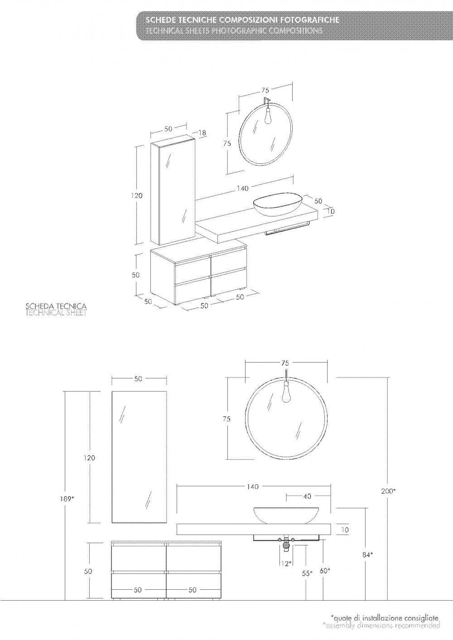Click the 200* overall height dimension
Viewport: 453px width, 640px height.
coord(388,491)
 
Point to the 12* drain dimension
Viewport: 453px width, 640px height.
coord(286,564)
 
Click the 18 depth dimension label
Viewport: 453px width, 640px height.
coord(202,133)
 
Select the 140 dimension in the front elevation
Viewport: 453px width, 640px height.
coord(252,486)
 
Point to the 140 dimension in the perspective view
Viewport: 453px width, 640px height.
coord(242,188)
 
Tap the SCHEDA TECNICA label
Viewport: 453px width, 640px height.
coord(56,306)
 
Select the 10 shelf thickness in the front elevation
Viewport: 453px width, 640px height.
coord(345,530)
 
